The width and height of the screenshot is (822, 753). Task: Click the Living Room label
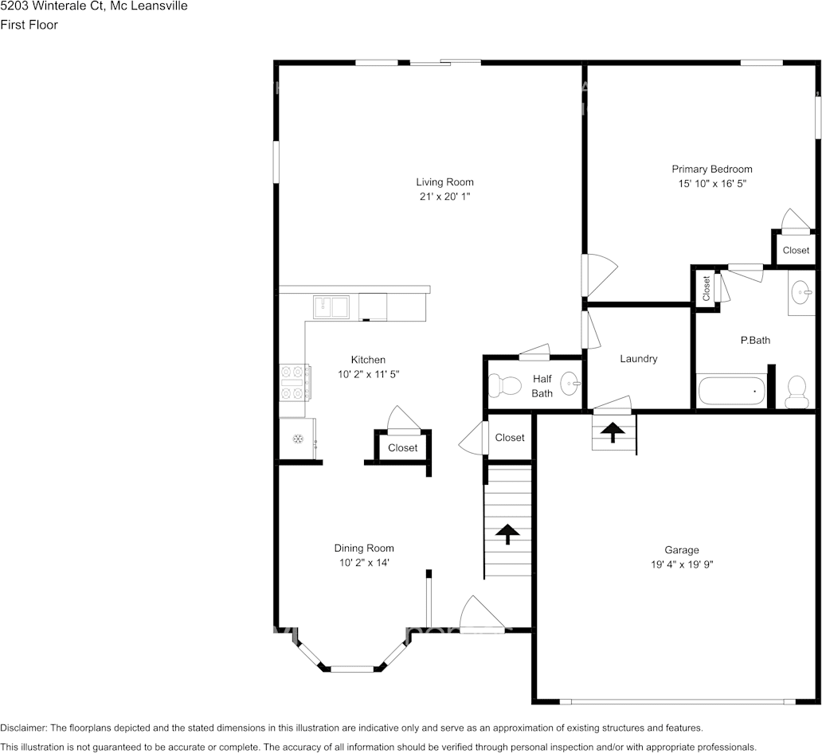pyautogui.click(x=444, y=182)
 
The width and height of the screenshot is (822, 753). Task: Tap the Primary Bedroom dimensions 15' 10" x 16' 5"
pyautogui.click(x=711, y=183)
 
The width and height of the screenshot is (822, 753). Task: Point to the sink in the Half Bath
pyautogui.click(x=570, y=384)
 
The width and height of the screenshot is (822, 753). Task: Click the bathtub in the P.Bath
pyautogui.click(x=731, y=392)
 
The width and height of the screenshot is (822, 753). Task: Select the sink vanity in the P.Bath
pyautogui.click(x=801, y=293)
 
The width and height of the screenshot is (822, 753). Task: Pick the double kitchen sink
pyautogui.click(x=331, y=306)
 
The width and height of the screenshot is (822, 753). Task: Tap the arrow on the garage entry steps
pyautogui.click(x=613, y=432)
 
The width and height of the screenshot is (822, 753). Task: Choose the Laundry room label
pyautogui.click(x=639, y=359)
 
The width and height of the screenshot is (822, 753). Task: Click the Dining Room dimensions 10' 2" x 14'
pyautogui.click(x=363, y=563)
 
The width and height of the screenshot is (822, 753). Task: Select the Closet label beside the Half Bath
pyautogui.click(x=510, y=438)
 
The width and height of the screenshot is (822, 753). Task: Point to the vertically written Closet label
pyautogui.click(x=706, y=288)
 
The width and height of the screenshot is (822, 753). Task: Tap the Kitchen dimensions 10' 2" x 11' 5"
pyautogui.click(x=368, y=374)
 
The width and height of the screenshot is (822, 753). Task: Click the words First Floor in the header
pyautogui.click(x=29, y=25)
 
